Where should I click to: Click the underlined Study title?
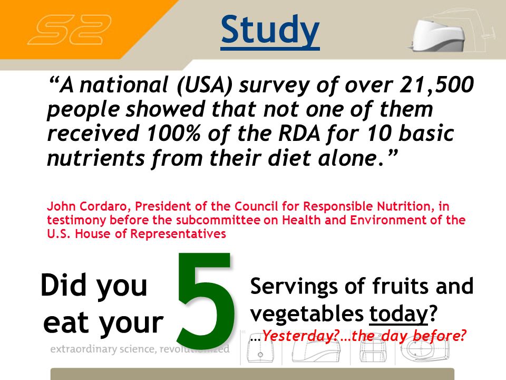click(x=270, y=32)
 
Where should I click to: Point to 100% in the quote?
click(x=173, y=133)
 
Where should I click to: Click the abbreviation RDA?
click(x=299, y=133)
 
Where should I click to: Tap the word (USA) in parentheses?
click(x=205, y=85)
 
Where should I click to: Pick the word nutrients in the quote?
click(x=96, y=158)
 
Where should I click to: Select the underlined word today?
click(x=398, y=314)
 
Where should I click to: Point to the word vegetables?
click(x=307, y=314)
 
